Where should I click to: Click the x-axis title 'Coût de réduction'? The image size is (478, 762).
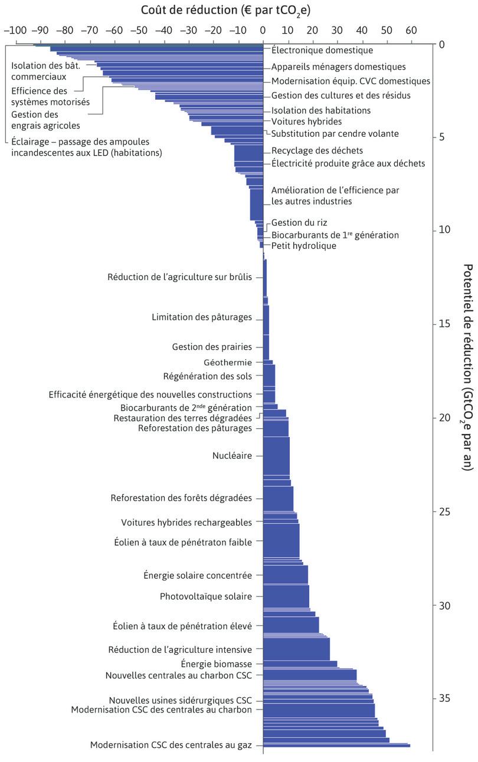coord(218,10)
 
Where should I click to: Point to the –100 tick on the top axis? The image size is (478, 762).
coord(15,29)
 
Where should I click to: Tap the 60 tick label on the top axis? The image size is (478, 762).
coord(411,29)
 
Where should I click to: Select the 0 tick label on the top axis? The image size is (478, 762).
coord(263,29)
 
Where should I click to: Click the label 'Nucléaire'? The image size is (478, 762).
coord(232,455)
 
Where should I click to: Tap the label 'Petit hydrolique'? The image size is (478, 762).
coord(304,245)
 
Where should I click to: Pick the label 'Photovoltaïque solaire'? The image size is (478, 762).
coord(206,596)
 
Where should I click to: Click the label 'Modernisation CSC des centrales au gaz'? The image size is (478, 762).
coord(171,745)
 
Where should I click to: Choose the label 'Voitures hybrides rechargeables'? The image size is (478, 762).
coord(186,523)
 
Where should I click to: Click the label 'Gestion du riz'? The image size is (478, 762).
coord(299,222)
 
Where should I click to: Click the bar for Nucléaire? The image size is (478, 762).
coord(276,455)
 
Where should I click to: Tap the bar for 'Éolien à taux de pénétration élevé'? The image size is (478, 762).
coord(291,625)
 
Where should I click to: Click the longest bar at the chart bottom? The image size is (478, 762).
coord(336,745)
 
